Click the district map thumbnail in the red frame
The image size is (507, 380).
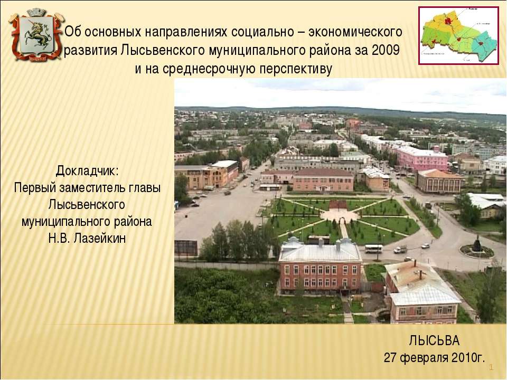coord(458,35)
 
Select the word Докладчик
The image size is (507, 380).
coord(87,172)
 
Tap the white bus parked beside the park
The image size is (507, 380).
coord(374,248)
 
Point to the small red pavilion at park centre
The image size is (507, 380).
coord(338,204)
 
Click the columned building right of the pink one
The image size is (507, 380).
coord(439,181)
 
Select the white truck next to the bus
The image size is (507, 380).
coord(400,249)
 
